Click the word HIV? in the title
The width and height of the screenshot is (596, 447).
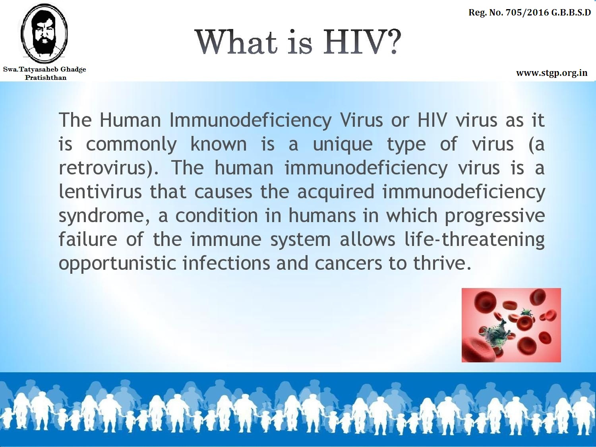pos(362,42)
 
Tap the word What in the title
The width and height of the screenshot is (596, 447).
pos(236,42)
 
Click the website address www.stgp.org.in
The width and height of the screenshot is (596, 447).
pos(552,73)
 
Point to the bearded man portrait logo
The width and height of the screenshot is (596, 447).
pos(45,33)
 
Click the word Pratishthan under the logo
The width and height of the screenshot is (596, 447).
pos(46,77)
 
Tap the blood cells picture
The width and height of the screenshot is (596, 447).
pos(511,325)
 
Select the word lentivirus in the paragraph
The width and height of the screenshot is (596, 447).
pos(100,192)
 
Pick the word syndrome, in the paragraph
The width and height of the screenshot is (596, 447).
pos(104,216)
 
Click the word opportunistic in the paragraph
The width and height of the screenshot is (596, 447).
pos(117,263)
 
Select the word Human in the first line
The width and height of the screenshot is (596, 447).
pos(130,120)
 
